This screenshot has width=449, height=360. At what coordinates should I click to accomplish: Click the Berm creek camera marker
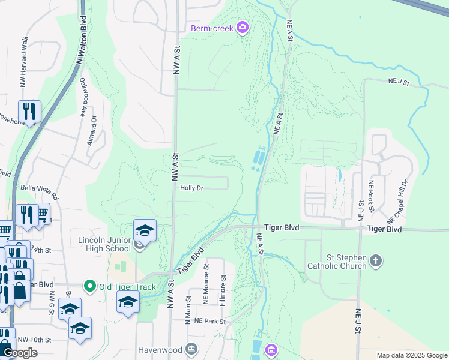point(243,27)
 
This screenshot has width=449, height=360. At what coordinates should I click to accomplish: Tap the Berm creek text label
point(212,28)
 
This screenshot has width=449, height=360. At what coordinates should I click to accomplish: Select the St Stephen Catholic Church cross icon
point(375,260)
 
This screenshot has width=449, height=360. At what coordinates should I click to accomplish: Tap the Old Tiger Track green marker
point(91,286)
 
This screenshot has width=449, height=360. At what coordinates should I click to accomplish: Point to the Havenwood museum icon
point(191,349)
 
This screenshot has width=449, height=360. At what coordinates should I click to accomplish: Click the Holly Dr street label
point(192,188)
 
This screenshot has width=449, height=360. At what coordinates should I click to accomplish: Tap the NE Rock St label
point(372,196)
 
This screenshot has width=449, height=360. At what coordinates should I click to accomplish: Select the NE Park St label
point(210,322)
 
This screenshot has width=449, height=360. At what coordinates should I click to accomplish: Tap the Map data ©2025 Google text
point(411,355)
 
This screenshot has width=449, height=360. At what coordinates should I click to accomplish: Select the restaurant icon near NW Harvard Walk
point(28,110)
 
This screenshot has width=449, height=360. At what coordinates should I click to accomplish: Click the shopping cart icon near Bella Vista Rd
point(41,213)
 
